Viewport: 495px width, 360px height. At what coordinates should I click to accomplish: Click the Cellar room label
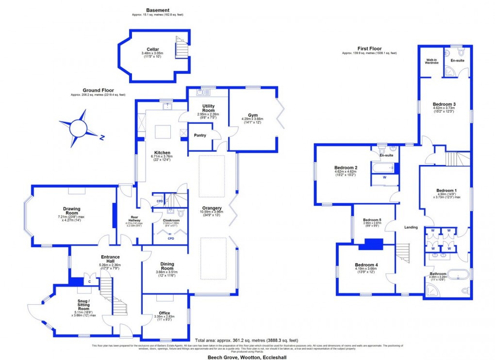(153, 49)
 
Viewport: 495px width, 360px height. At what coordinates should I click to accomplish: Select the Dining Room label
(167, 266)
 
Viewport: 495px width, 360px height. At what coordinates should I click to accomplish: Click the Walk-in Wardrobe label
(429, 62)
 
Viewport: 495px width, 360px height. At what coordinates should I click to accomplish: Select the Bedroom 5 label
(372, 220)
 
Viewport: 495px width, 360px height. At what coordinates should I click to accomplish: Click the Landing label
(412, 227)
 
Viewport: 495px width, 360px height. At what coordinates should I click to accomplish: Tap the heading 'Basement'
(158, 10)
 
